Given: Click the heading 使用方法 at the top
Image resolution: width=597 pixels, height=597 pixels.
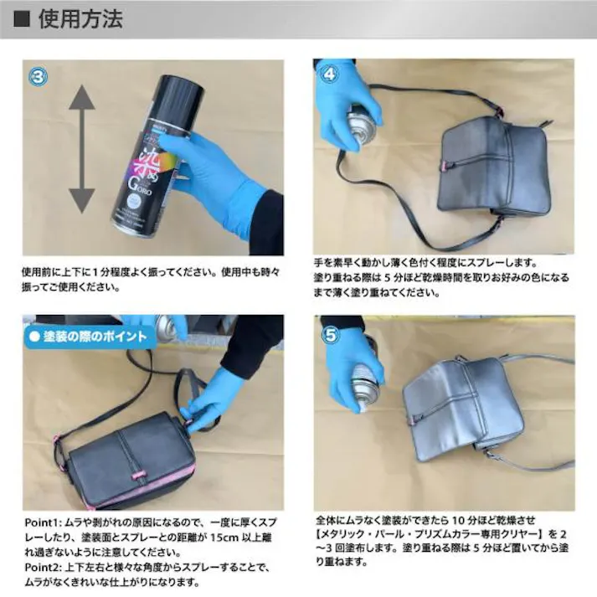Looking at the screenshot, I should [81, 19].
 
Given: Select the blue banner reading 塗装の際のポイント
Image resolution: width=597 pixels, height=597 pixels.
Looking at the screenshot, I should [87, 337].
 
